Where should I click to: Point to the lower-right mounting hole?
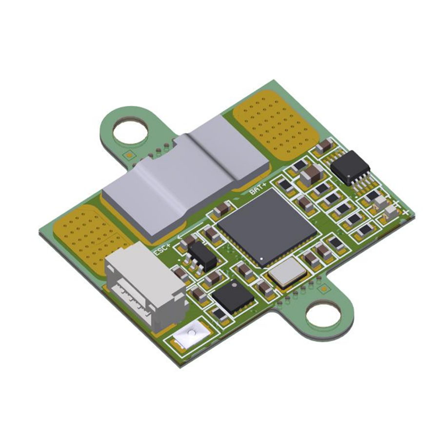(324, 316)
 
